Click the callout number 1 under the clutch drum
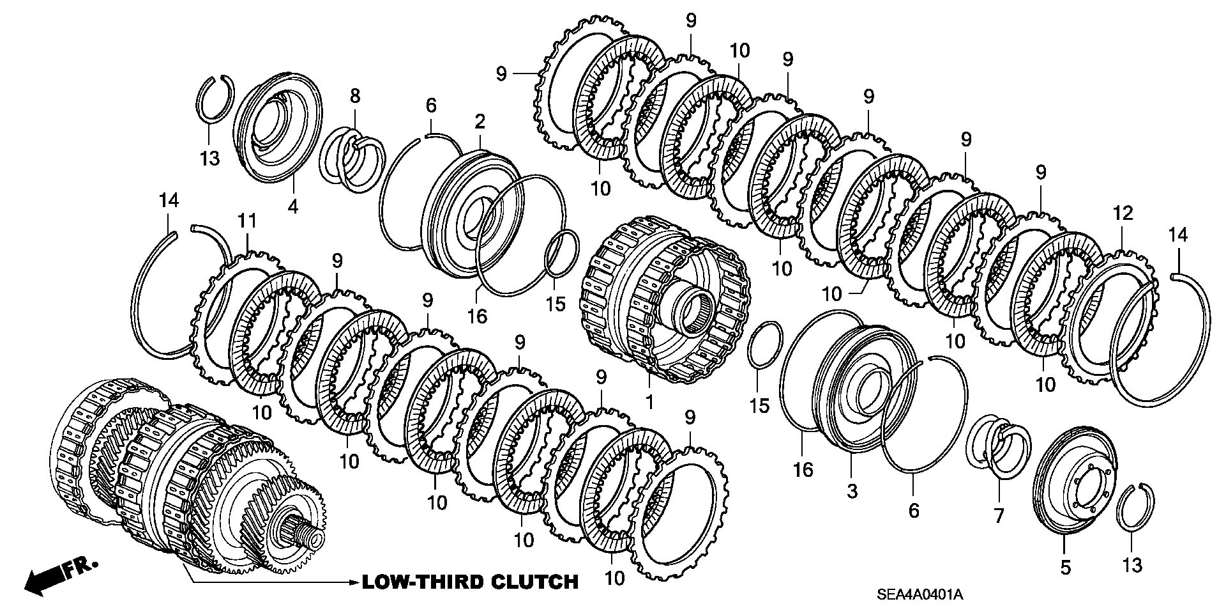[x=649, y=403]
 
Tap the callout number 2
[x=480, y=122]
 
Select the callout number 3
[x=852, y=491]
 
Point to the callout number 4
[x=292, y=206]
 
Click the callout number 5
[x=1065, y=566]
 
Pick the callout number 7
[x=999, y=515]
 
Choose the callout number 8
[x=355, y=97]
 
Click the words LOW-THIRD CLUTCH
[x=470, y=582]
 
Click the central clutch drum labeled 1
[x=664, y=300]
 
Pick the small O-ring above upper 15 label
[x=561, y=254]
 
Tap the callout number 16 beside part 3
[x=803, y=469]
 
